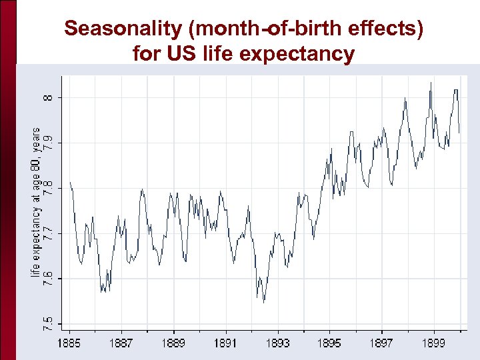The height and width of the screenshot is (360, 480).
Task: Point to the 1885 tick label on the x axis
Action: (69, 343)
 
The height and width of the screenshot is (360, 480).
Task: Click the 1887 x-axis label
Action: (121, 343)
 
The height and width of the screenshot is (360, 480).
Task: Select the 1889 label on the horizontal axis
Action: (173, 343)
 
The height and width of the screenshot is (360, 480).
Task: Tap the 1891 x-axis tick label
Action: (225, 343)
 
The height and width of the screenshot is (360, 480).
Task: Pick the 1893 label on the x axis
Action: (277, 343)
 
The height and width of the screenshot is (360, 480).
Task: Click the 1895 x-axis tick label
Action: (329, 343)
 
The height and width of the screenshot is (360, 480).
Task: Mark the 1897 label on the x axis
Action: (381, 343)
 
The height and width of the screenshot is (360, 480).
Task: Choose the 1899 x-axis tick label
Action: (433, 343)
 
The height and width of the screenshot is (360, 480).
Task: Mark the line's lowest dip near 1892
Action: (264, 302)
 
